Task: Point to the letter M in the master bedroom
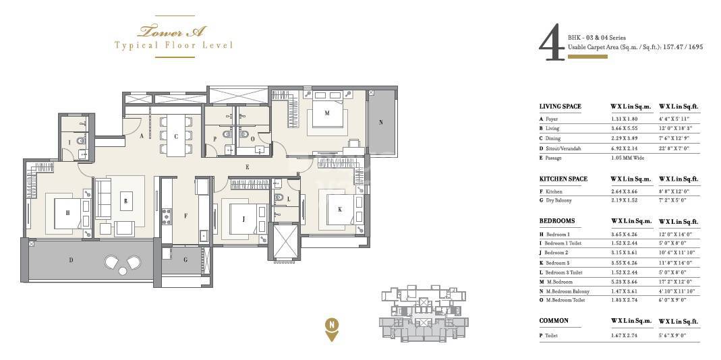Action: tap(327, 113)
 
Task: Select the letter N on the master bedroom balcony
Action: tap(381, 123)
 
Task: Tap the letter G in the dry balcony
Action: tap(185, 259)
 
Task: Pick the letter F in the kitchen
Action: tap(185, 216)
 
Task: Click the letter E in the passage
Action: tap(248, 167)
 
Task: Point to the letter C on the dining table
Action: tap(176, 137)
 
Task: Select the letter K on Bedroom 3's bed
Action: tap(339, 210)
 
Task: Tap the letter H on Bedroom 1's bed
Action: tap(67, 212)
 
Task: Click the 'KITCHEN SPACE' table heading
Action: tap(563, 179)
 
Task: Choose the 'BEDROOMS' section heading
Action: tap(556, 221)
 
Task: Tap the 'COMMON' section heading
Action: tap(553, 321)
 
